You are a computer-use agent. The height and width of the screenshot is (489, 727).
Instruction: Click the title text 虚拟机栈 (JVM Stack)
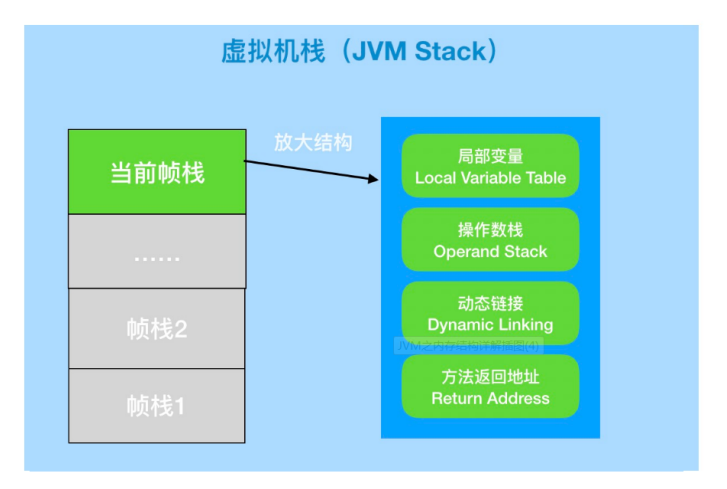pos(359,52)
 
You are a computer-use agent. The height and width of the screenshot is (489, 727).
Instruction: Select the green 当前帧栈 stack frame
pos(157,171)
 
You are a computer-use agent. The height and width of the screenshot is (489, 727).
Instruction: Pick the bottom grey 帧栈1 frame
pos(157,405)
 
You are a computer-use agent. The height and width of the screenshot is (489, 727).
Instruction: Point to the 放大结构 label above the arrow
pos(313,142)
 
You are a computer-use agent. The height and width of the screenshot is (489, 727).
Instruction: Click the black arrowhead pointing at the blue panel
pos(374,179)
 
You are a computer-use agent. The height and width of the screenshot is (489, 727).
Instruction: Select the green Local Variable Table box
pos(490,166)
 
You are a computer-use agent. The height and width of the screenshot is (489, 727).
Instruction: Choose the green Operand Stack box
pos(490,240)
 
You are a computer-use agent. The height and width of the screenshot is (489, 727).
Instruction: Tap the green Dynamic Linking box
pos(490,313)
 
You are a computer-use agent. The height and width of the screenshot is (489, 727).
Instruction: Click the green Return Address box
pos(490,386)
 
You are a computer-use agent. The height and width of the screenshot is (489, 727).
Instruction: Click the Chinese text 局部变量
pos(490,156)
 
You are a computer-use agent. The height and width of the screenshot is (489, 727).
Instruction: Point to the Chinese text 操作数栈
pos(490,230)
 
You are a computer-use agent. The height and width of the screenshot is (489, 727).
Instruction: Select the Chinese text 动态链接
pos(490,303)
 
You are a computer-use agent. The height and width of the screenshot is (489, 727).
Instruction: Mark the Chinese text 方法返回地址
pos(490,377)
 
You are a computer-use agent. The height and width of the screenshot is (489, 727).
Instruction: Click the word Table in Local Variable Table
pos(545,178)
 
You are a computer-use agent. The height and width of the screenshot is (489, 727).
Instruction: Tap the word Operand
pos(466,252)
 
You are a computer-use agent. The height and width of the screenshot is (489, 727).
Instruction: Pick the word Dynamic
pos(459,325)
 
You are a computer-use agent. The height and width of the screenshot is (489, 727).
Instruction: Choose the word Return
pos(456,398)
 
